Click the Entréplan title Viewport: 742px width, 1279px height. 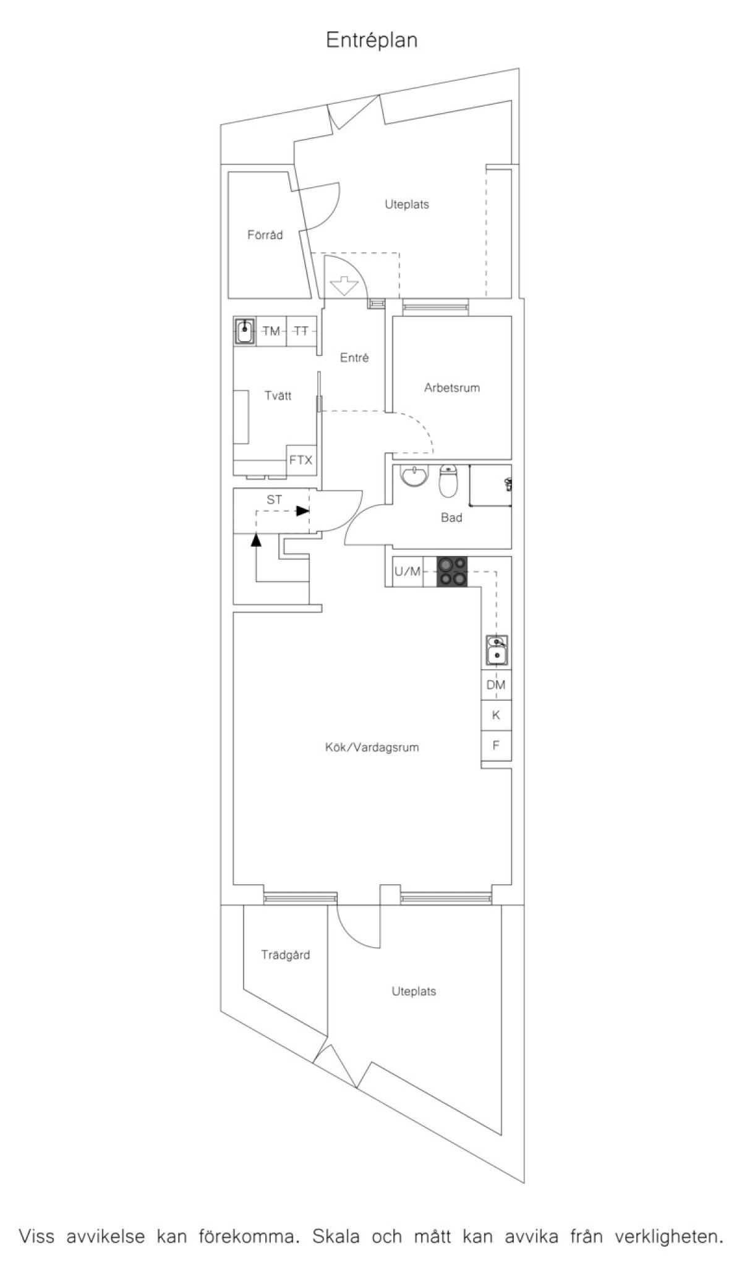pyautogui.click(x=372, y=41)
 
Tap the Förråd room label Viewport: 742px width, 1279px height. pyautogui.click(x=265, y=235)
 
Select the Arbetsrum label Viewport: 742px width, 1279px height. pyautogui.click(x=452, y=388)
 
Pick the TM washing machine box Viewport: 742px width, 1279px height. pyautogui.click(x=271, y=331)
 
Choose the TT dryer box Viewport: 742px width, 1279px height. pyautogui.click(x=302, y=331)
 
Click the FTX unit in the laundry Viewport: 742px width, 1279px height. pyautogui.click(x=301, y=460)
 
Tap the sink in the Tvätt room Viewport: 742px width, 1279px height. pyautogui.click(x=245, y=331)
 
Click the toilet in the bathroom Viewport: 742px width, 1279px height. pyautogui.click(x=448, y=481)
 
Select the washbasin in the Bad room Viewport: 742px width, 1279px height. pyautogui.click(x=414, y=476)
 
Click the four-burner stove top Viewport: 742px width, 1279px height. pyautogui.click(x=453, y=572)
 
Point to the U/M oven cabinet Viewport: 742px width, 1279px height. pyautogui.click(x=408, y=572)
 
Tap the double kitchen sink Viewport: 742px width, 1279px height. pyautogui.click(x=497, y=651)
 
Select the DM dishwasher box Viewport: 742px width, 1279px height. pyautogui.click(x=496, y=685)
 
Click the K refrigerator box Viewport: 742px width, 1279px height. pyautogui.click(x=496, y=715)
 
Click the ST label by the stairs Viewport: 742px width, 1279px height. pyautogui.click(x=274, y=500)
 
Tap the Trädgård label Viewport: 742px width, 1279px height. pyautogui.click(x=285, y=955)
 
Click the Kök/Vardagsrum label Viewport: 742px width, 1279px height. pyautogui.click(x=372, y=747)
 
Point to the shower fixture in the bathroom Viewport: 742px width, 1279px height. pyautogui.click(x=508, y=484)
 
